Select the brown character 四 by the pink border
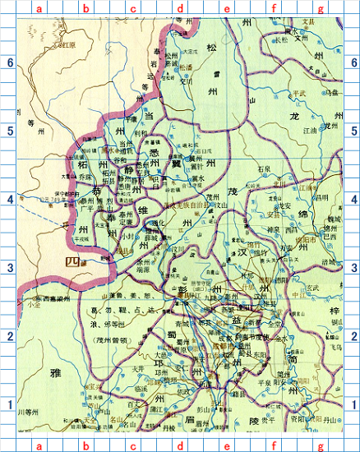coord(74,261)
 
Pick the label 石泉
coord(264,168)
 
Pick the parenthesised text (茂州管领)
coord(113,338)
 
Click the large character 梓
coord(337,311)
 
